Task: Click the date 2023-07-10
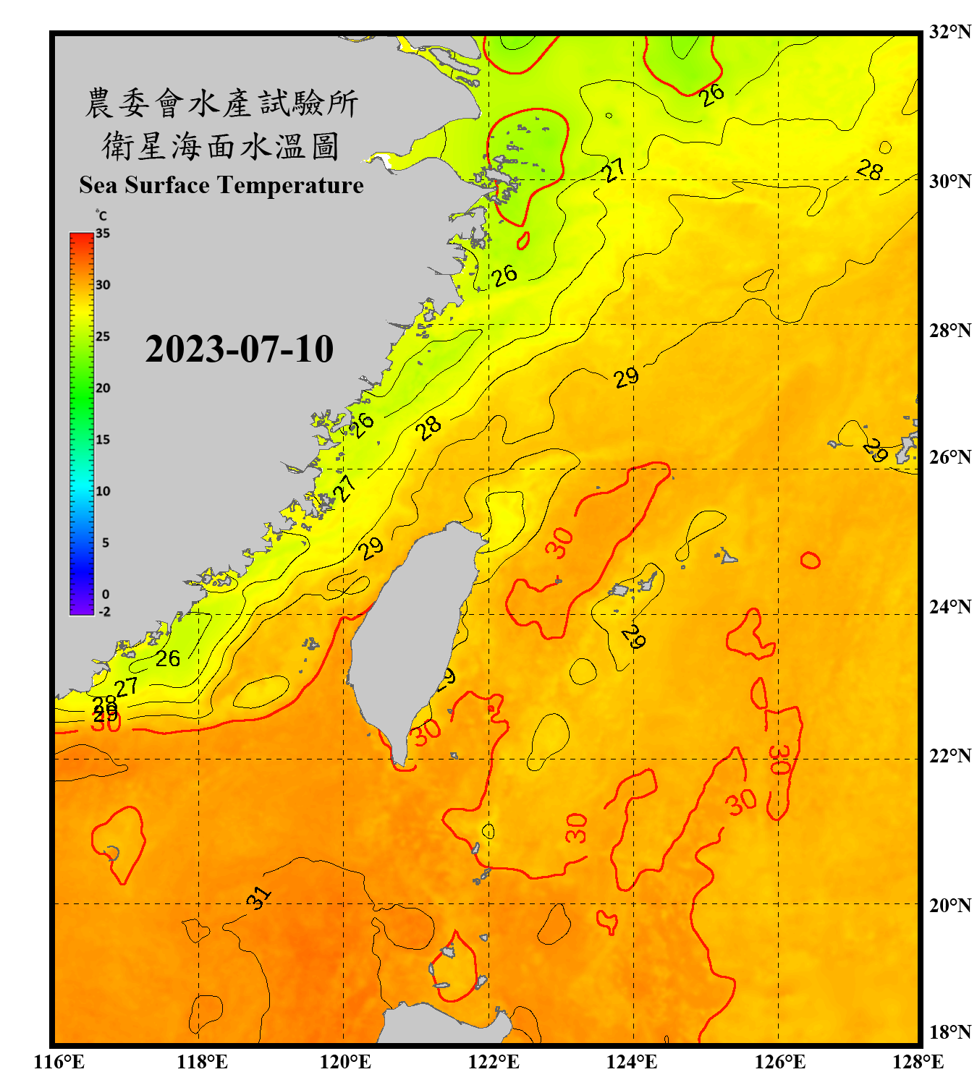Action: pos(239,349)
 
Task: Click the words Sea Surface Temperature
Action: pos(221,185)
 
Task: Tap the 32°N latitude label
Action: pos(949,32)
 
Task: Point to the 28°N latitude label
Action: pos(949,331)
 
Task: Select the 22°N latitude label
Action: pos(949,756)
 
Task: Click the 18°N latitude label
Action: pos(949,1032)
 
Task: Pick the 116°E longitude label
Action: pos(59,1062)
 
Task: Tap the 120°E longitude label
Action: pos(345,1062)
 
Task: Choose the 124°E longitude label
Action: pos(632,1062)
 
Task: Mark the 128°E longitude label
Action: pos(918,1062)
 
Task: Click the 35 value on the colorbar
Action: pos(103,234)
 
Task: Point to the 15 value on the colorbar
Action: pos(103,440)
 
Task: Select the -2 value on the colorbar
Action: pos(104,612)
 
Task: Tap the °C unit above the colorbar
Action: pos(101,216)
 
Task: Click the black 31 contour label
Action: pos(258,897)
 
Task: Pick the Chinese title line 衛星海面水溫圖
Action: pos(221,146)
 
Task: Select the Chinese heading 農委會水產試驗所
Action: pos(221,103)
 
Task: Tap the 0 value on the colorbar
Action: pos(106,595)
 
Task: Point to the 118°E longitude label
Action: pos(202,1062)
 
